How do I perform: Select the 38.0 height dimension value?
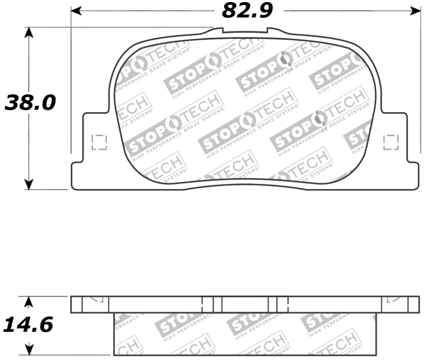[x=30, y=103]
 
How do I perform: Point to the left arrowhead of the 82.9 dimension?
[x=76, y=11]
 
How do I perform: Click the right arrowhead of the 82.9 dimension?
[x=414, y=11]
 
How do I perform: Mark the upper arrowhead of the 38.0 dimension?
[x=29, y=32]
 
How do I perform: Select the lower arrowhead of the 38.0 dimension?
[x=29, y=185]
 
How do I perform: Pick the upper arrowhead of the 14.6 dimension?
[x=29, y=302]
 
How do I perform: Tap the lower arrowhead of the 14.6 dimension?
[x=29, y=350]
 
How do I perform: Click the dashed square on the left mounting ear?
[x=99, y=142]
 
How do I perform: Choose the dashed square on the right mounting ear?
[x=391, y=142]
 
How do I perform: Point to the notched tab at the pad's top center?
[x=245, y=31]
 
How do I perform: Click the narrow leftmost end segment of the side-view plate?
[x=77, y=305]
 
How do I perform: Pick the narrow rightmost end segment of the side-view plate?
[x=414, y=305]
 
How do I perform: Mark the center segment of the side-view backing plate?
[x=245, y=305]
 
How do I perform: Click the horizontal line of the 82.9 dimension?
[x=159, y=11]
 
